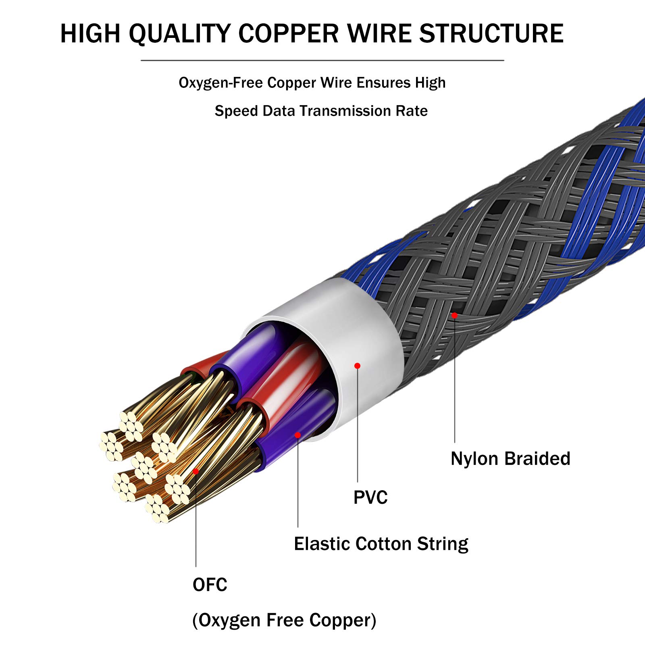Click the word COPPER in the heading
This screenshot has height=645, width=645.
pos(289,33)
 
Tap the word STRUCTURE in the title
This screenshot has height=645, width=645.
pos(491,33)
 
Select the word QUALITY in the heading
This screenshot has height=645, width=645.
pos(180,34)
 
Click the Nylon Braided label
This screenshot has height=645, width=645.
pos(510,459)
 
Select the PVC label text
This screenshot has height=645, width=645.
pos(370,497)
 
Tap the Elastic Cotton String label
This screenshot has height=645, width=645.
pos(381,544)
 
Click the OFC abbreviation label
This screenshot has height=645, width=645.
pos(210,585)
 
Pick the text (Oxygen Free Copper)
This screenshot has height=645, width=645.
pos(284,620)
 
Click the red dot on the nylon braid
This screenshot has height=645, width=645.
pos(454,315)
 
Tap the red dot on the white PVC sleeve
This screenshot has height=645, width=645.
pos(357,366)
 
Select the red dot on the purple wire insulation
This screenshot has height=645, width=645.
pos(298,435)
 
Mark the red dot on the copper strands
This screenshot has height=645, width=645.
pos(196,471)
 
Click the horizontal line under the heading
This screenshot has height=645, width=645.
pos(322,60)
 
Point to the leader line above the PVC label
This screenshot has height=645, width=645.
pos(358,426)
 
